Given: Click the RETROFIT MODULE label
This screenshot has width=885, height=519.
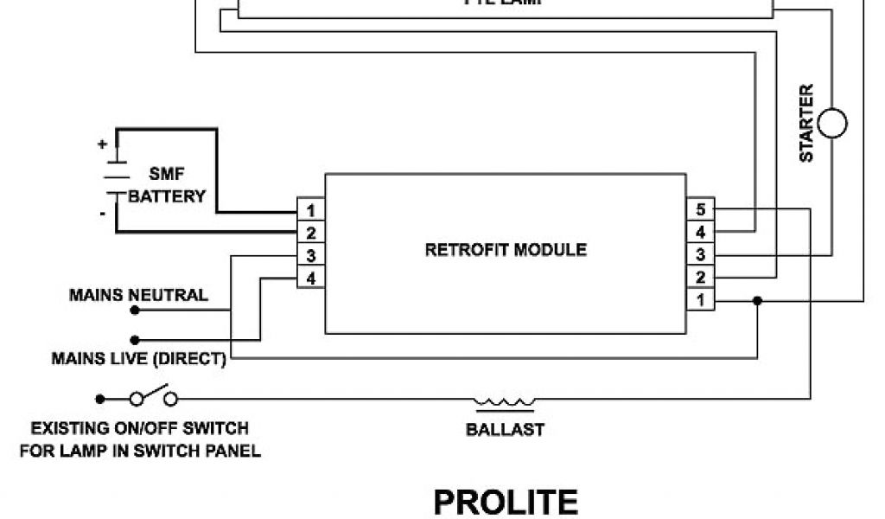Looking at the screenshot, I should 506,250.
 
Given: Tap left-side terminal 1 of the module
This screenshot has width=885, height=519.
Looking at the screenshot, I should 311,210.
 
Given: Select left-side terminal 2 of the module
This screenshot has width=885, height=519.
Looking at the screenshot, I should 311,233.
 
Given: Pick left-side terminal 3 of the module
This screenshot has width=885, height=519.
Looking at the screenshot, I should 311,255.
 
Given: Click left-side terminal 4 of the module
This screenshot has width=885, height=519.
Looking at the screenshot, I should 311,278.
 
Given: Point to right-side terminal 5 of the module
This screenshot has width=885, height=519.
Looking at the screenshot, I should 701,210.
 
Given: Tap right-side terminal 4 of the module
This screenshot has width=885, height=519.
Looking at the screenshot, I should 701,233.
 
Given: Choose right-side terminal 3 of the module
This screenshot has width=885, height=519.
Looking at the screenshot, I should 701,255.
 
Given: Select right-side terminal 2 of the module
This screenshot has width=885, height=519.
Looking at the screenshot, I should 701,278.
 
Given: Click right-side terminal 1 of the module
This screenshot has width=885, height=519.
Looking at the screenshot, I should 701,300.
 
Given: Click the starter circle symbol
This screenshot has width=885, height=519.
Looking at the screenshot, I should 833,124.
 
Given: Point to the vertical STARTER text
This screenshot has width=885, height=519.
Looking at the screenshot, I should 806,123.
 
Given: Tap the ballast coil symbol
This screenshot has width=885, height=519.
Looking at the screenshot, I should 504,401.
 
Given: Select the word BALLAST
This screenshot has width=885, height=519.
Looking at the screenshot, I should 506,429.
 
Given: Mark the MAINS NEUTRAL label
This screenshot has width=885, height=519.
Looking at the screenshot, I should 138,295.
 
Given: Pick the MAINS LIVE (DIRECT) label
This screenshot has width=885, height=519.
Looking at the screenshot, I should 139,358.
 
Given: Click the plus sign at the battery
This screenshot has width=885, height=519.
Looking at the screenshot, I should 103,144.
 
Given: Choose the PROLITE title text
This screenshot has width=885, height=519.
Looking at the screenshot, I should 506,503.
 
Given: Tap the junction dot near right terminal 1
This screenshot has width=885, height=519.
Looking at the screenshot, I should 758,300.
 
